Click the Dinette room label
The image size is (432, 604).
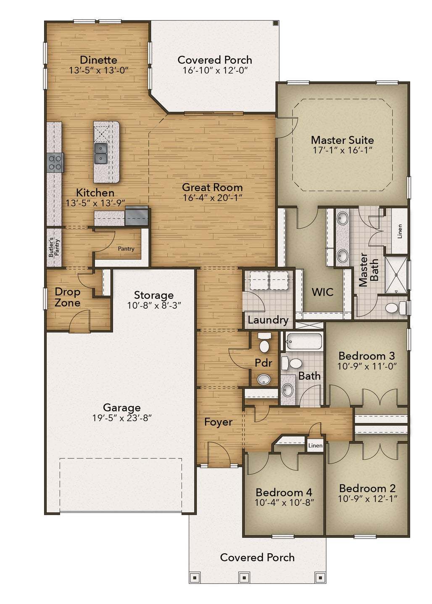pos(98,60)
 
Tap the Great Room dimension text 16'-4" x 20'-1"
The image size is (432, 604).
pos(212,198)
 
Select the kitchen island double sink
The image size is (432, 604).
pos(101,153)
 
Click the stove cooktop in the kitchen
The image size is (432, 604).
pos(55,162)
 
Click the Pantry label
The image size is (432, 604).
pos(126,249)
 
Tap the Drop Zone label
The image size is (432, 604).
pos(67,297)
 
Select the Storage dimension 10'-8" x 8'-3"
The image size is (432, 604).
pos(154,306)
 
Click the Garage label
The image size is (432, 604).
pos(122,407)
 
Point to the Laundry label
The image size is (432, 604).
pos(268,320)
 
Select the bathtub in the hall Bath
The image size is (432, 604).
pos(304,341)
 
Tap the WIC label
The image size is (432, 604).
pos(323,292)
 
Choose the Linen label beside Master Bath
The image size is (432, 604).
pos(400,231)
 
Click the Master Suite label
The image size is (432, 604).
pos(342,140)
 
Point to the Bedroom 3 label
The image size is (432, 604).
pos(366,356)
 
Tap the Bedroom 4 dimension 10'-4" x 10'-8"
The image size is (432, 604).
pos(284,502)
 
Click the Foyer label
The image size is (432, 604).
pos(218,422)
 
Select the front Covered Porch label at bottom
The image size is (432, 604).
pos(257,557)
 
